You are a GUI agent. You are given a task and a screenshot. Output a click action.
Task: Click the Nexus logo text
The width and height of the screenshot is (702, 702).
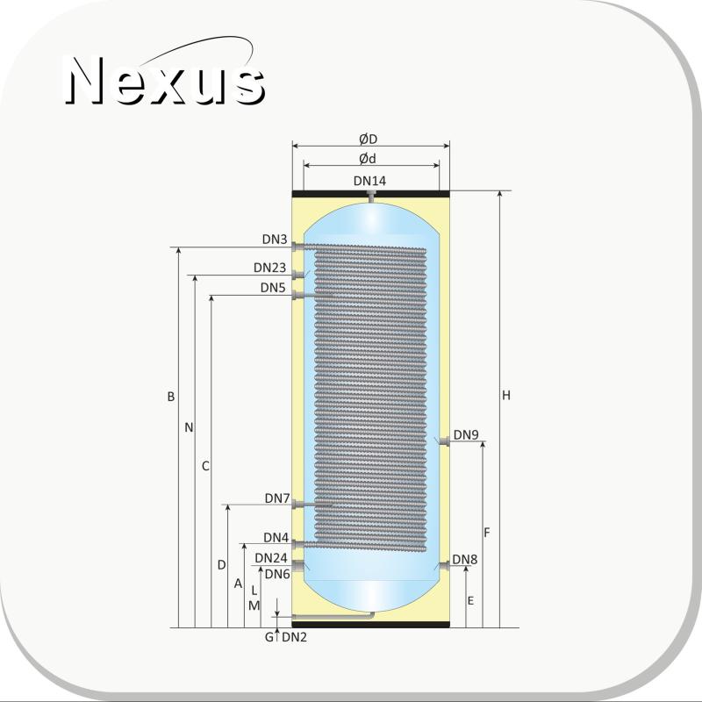166,81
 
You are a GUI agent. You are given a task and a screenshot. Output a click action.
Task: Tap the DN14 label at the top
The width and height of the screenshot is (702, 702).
369,181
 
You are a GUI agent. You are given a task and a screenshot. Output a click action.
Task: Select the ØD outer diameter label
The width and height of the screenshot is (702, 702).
368,140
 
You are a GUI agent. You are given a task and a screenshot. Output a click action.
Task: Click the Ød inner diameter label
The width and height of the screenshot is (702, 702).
368,159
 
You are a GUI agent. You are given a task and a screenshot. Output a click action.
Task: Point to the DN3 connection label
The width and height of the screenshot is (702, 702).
275,240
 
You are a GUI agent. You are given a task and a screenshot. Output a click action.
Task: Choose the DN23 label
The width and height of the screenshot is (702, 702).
269,268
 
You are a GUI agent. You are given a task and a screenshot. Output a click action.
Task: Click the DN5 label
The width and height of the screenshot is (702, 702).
273,288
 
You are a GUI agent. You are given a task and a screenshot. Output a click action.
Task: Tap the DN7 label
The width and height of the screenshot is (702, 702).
277,498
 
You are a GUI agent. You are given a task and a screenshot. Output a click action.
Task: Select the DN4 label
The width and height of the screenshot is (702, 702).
276,537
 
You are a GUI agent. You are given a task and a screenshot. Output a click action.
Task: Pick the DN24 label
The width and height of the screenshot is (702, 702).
271,558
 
